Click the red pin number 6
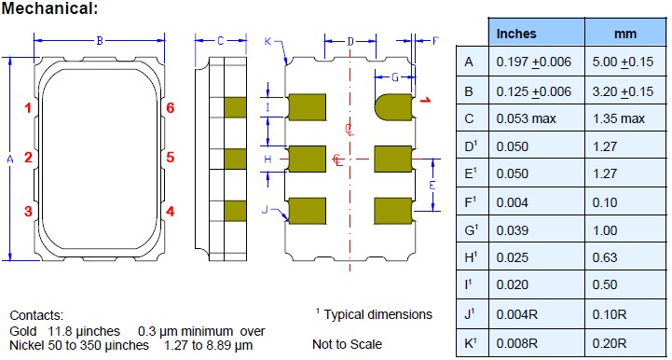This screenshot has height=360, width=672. [171, 108]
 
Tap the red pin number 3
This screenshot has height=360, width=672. [28, 212]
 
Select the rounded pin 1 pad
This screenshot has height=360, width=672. [393, 107]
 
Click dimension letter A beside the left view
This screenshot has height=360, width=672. [10, 159]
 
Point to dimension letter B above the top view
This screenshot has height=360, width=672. [100, 41]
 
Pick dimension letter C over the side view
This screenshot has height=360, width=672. [220, 41]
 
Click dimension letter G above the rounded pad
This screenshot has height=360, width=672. [395, 77]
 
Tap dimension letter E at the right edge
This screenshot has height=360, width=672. [432, 186]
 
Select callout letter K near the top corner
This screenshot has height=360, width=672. [267, 41]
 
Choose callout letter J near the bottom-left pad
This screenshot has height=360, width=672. [265, 210]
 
